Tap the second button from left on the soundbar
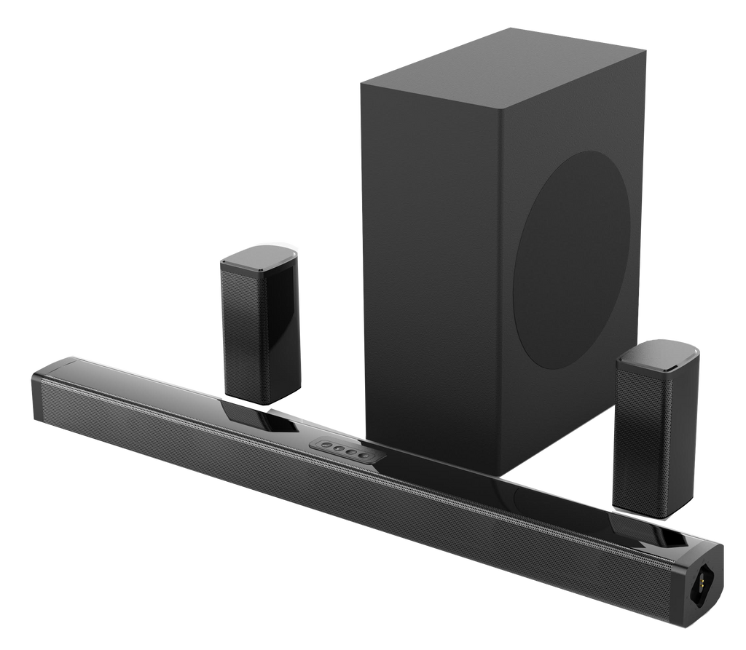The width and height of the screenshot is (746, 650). (x=334, y=449)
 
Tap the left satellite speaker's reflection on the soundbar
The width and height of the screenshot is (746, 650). (x=251, y=415)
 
